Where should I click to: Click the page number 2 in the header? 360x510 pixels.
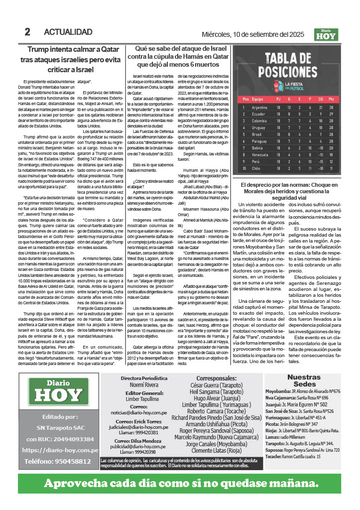[27, 32]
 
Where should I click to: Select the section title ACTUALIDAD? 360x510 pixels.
[68, 32]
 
